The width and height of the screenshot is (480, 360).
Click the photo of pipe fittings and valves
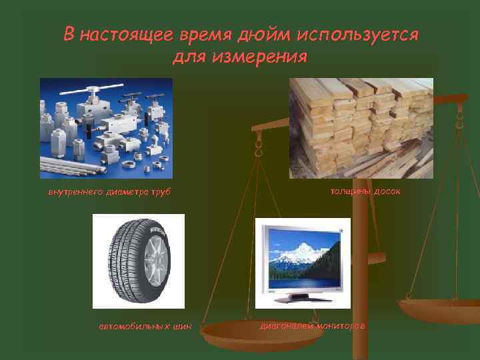(106, 128)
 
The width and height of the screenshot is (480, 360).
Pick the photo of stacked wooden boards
(361, 128)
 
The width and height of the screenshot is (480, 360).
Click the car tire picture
(138, 261)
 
